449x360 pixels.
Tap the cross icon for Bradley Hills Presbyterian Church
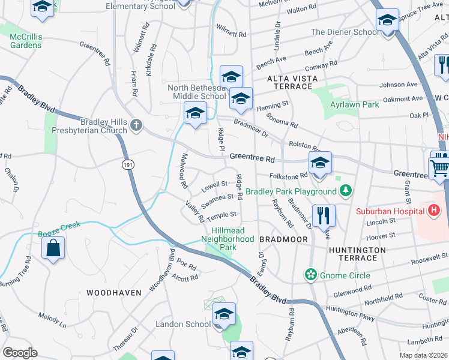coord(136,125)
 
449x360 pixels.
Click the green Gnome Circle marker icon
coord(310,275)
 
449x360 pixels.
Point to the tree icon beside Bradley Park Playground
coord(345,192)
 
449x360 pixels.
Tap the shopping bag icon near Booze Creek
coord(53,248)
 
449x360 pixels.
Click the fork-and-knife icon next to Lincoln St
coord(324,215)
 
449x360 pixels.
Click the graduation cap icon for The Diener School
coord(387,21)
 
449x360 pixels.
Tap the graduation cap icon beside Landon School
coord(224,314)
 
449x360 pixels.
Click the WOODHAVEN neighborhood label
coord(113,293)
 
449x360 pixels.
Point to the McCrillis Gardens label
coord(26,41)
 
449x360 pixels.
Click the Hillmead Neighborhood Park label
coord(233,242)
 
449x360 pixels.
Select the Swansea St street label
coord(217,200)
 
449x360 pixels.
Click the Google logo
coord(20,352)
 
